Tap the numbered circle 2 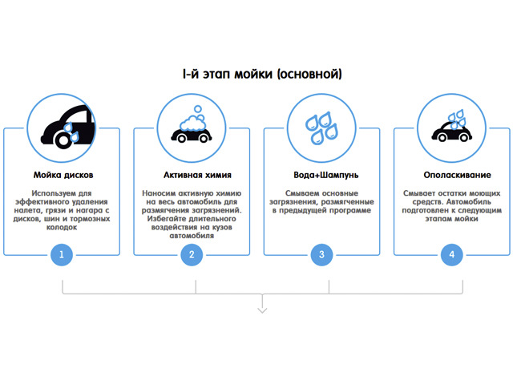[192, 255]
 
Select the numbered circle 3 [321, 255]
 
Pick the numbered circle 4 [451, 255]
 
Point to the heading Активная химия [192, 174]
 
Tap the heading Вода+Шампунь [321, 174]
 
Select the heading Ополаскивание [451, 174]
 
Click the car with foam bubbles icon [192, 128]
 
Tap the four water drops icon [321, 128]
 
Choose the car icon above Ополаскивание [451, 128]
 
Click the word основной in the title [309, 75]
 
